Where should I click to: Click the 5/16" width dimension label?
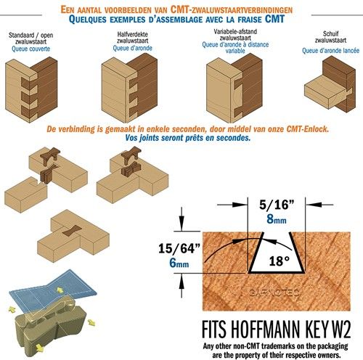coord(277,205)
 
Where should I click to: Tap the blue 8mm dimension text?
coord(277,219)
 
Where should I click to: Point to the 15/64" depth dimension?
coord(179,248)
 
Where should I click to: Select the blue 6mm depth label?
coord(179,263)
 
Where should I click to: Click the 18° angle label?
coord(280,261)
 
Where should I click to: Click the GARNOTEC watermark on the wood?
coord(274,293)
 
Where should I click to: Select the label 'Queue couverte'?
coord(31,49)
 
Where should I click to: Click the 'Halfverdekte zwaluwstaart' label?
coord(133,38)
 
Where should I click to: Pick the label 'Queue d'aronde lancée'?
coord(330,51)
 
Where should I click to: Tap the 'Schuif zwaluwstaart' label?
coord(330,37)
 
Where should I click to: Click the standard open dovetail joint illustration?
coord(31,90)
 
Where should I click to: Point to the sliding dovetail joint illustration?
coord(330,84)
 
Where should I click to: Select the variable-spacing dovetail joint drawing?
coord(234,88)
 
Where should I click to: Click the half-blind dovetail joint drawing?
coord(129,88)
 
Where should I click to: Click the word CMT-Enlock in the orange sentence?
coord(307,129)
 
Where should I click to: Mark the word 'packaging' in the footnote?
coord(333,346)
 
